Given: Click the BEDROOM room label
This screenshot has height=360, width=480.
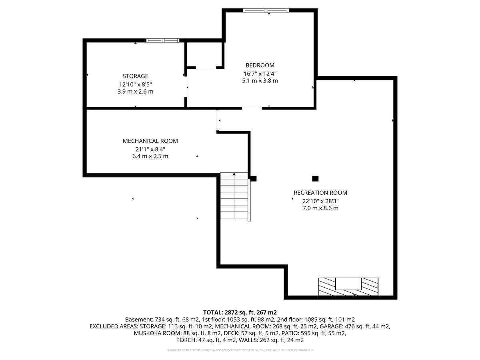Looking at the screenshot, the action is click(x=260, y=65).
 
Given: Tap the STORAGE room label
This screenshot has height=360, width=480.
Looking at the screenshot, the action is click(x=135, y=76).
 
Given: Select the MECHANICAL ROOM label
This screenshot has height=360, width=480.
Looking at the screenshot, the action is click(x=150, y=141).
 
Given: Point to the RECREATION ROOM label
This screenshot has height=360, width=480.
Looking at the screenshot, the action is click(x=320, y=193).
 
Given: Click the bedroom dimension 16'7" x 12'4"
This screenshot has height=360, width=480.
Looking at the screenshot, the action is click(x=260, y=74).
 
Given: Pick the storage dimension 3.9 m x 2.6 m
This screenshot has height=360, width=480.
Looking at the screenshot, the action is click(x=135, y=92).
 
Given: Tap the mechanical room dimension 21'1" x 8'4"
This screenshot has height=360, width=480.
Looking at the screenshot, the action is click(x=150, y=149).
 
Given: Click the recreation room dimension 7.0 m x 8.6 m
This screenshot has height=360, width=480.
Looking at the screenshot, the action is click(x=320, y=208).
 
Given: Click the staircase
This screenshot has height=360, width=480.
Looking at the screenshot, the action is click(x=234, y=195).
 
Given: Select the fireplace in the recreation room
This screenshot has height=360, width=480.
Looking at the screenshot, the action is click(x=348, y=286).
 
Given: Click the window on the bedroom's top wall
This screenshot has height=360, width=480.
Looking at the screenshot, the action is click(x=266, y=10).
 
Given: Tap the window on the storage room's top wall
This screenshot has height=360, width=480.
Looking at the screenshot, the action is click(x=163, y=40).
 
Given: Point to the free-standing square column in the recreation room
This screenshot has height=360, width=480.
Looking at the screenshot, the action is click(x=315, y=178).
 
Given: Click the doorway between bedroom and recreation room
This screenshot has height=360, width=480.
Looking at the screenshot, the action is click(x=252, y=108).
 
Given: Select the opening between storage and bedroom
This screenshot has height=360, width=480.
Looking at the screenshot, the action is click(x=186, y=86).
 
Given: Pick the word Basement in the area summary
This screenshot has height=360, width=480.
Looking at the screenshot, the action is click(x=139, y=319).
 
